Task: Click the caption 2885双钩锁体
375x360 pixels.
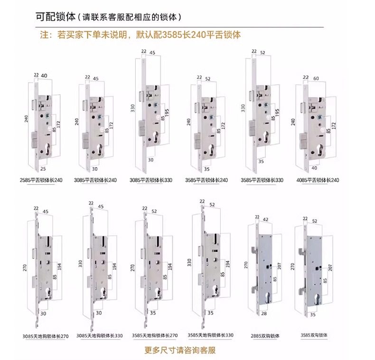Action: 265,336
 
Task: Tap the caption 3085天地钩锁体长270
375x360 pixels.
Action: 46,336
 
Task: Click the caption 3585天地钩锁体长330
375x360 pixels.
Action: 208,335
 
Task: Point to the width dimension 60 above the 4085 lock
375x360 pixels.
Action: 316,77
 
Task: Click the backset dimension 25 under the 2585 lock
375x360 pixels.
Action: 43,169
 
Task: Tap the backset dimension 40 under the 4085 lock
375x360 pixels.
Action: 314,168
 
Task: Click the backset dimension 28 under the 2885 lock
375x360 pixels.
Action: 264,313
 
